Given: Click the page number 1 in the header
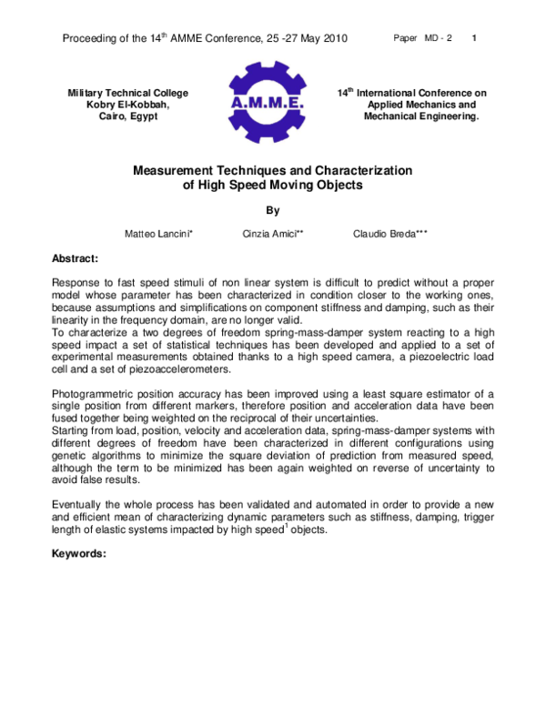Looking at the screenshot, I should pyautogui.click(x=476, y=39).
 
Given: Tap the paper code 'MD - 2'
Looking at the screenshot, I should pyautogui.click(x=437, y=39).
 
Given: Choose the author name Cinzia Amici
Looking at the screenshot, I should pyautogui.click(x=273, y=234).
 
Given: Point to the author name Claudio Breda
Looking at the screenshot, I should pyautogui.click(x=389, y=234).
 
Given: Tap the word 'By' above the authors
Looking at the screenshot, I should pyautogui.click(x=272, y=210).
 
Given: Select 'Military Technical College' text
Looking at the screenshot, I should pyautogui.click(x=128, y=93).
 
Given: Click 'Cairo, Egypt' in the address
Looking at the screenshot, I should pyautogui.click(x=128, y=116).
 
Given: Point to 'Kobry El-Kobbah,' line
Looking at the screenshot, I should pyautogui.click(x=128, y=105).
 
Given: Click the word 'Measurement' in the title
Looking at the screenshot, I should pyautogui.click(x=177, y=170).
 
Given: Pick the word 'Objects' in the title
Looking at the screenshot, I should pyautogui.click(x=338, y=185).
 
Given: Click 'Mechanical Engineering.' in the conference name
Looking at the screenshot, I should pyautogui.click(x=420, y=116).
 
